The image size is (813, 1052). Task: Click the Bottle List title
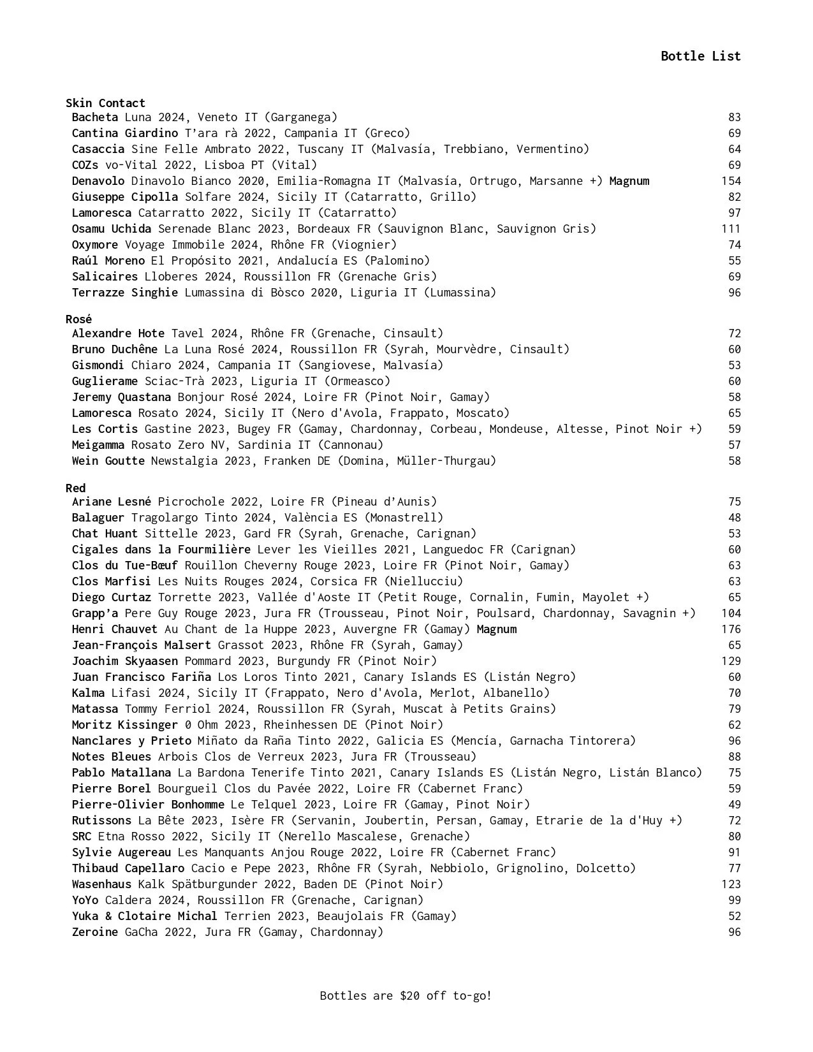click(700, 56)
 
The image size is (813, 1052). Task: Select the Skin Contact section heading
click(105, 103)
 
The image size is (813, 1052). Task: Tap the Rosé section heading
click(78, 319)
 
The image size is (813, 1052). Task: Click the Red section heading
click(75, 488)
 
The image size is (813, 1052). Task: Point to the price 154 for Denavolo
click(731, 181)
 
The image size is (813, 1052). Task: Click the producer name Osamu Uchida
click(111, 229)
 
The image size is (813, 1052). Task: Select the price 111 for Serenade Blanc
click(731, 229)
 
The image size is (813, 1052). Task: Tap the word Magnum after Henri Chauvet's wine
click(496, 629)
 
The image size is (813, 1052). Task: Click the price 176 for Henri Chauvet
click(731, 629)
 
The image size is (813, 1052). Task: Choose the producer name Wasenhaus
click(101, 884)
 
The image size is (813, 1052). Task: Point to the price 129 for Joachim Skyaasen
click(731, 661)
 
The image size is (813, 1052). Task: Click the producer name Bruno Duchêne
click(114, 349)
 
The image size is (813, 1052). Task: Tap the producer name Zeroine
click(94, 932)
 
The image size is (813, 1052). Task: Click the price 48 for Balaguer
click(735, 518)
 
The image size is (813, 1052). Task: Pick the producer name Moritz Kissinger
click(124, 725)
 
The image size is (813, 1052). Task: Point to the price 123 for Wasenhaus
click(731, 884)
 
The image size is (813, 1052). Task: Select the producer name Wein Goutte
click(108, 461)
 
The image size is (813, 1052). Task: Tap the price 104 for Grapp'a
click(731, 613)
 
